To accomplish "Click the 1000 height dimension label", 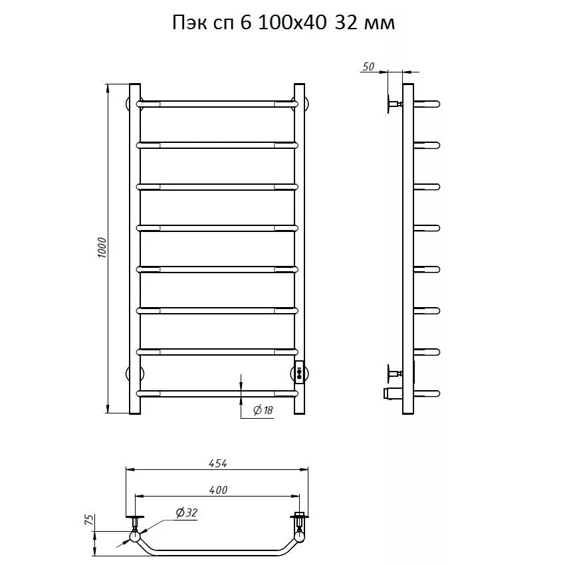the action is (102, 247).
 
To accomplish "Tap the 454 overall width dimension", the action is (218, 463).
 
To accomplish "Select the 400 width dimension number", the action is (218, 490).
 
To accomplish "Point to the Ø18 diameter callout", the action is (263, 410).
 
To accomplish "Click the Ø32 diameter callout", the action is (187, 512).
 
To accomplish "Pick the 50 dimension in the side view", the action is (368, 66).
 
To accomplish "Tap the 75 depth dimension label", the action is (90, 519).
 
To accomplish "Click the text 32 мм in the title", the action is (365, 23).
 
